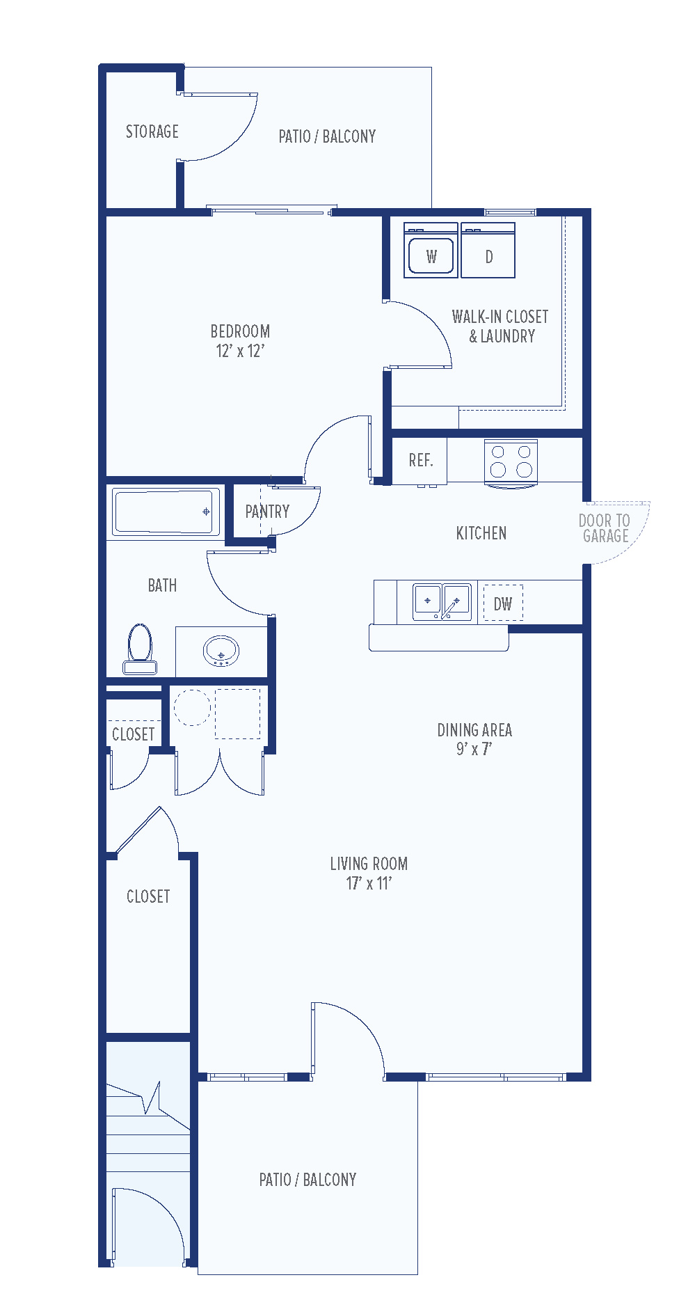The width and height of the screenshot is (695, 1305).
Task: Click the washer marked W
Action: pyautogui.click(x=431, y=251)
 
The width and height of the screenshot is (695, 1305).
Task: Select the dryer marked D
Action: pyautogui.click(x=488, y=251)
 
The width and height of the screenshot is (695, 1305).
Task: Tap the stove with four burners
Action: pyautogui.click(x=511, y=463)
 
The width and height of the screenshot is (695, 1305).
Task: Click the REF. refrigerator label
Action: pyautogui.click(x=421, y=461)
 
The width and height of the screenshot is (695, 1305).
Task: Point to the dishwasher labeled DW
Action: pyautogui.click(x=503, y=603)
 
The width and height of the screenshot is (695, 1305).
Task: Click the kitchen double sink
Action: pyautogui.click(x=442, y=602)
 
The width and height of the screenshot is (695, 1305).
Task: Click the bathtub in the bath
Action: pyautogui.click(x=163, y=512)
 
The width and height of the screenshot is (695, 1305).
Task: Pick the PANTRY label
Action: pyautogui.click(x=267, y=512)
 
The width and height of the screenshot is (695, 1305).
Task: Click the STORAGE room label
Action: pyautogui.click(x=152, y=132)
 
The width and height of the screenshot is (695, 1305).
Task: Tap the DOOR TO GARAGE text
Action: pyautogui.click(x=605, y=528)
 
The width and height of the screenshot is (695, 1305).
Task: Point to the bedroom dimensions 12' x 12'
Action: pyautogui.click(x=240, y=351)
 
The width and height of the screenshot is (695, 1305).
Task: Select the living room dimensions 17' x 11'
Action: pyautogui.click(x=369, y=883)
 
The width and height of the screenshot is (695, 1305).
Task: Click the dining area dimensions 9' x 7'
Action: pyautogui.click(x=474, y=749)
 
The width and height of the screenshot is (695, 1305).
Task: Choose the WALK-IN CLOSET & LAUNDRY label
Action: pyautogui.click(x=500, y=326)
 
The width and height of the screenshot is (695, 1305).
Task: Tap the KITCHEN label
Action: pyautogui.click(x=481, y=533)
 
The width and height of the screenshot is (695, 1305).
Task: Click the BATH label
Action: pyautogui.click(x=162, y=585)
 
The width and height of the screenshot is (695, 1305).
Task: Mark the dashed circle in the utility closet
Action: pyautogui.click(x=192, y=707)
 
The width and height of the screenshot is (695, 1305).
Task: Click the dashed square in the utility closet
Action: pyautogui.click(x=237, y=713)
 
